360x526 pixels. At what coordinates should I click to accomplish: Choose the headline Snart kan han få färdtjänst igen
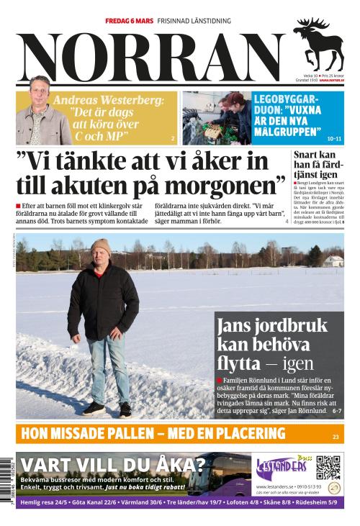tap(317, 165)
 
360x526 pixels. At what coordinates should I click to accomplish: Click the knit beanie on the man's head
tap(101, 246)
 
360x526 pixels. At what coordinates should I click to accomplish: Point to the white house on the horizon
tap(333, 260)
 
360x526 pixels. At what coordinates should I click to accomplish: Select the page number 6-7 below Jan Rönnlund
tap(336, 411)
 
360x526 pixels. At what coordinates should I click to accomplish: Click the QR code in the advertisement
tap(328, 468)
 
